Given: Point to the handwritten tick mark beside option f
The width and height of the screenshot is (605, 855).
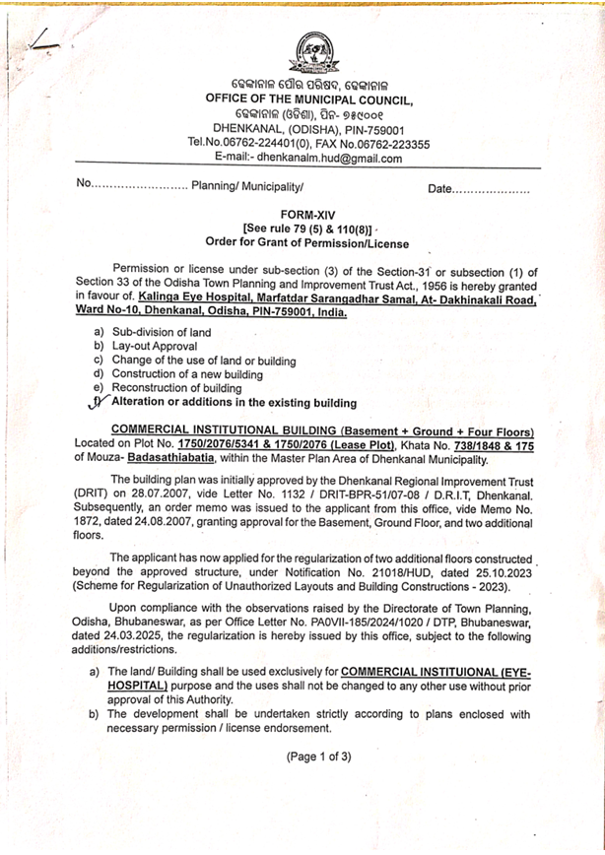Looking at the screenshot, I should click(x=96, y=401).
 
